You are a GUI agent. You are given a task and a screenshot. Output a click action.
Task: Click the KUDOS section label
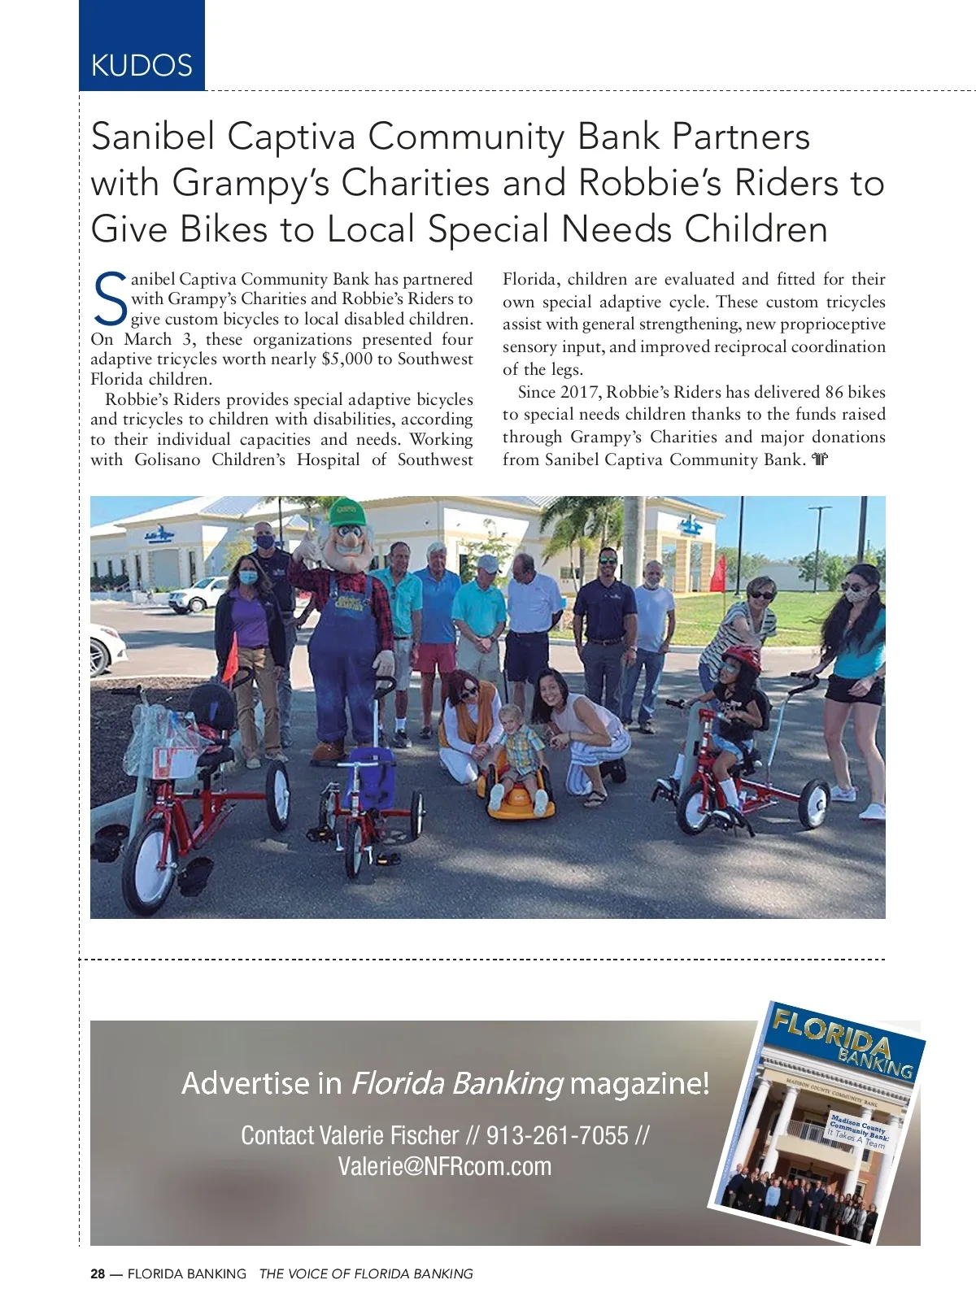[x=142, y=65]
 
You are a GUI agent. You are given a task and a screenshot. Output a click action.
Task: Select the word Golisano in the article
[x=168, y=459]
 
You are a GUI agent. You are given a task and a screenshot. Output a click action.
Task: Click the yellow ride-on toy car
[x=516, y=789]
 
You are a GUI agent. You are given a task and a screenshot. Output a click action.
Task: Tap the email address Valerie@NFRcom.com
[x=444, y=1166]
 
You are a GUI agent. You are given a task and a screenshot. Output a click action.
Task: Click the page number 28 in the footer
[x=98, y=1274]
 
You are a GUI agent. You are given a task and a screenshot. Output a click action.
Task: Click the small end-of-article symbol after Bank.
[x=819, y=460]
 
